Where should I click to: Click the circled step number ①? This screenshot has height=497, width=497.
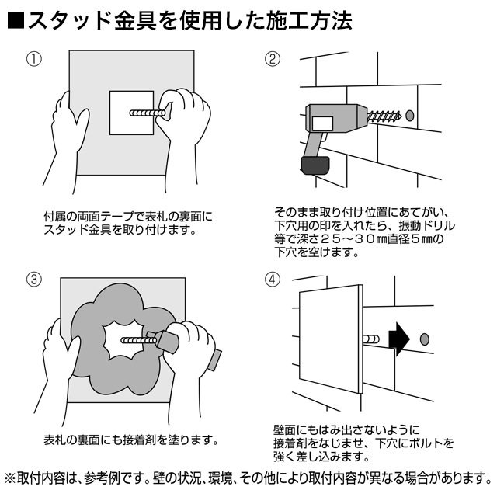click(33, 60)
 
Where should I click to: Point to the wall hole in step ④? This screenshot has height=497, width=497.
click(424, 340)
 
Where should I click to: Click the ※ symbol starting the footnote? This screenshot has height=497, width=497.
click(10, 476)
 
